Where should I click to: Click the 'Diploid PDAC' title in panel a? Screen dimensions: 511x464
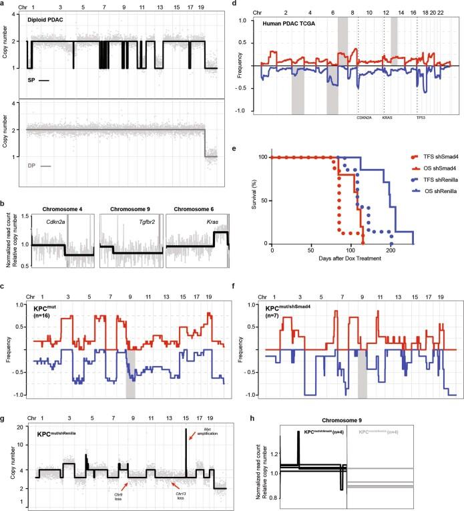[x=49, y=21]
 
